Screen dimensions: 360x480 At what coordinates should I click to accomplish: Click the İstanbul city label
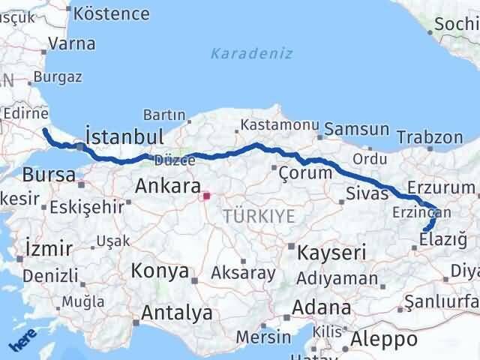[x=124, y=137]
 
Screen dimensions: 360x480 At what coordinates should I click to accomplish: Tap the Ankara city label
[x=168, y=186]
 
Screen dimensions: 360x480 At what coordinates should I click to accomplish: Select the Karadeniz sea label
[x=251, y=54]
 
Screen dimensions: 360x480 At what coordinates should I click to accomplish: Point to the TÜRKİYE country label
[x=258, y=217]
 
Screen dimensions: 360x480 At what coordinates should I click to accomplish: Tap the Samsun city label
[x=358, y=130]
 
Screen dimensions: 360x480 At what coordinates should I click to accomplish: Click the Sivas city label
[x=367, y=193]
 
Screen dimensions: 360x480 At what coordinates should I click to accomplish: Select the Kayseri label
[x=331, y=252]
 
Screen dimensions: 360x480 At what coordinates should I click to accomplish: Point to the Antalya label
[x=176, y=313]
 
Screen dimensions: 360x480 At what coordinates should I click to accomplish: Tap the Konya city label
[x=160, y=271]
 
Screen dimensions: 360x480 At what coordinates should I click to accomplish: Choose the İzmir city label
[x=49, y=248]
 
